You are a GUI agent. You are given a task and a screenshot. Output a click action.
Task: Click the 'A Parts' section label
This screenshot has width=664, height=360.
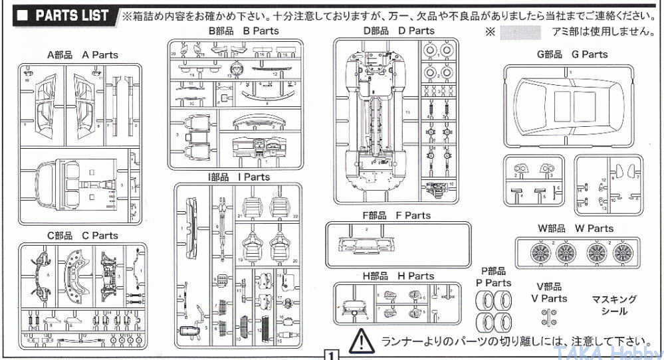click(82, 54)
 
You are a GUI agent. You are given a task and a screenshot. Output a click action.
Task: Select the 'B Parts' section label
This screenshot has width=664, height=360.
click(243, 31)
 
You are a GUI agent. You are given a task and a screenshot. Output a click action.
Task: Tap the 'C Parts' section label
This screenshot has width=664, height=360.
click(82, 235)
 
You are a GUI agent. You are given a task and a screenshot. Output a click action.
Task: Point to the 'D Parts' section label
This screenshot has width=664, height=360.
click(398, 31)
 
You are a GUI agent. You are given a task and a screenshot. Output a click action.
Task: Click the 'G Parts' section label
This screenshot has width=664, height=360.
click(572, 54)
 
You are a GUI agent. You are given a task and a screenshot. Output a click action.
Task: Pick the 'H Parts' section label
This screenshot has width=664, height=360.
click(398, 276)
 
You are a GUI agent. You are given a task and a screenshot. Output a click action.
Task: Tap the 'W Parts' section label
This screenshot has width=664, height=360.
click(576, 228)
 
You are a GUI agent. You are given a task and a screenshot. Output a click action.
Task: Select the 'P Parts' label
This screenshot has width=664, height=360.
click(493, 277)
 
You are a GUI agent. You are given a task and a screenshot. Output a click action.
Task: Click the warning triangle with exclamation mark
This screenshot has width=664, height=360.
click(362, 339)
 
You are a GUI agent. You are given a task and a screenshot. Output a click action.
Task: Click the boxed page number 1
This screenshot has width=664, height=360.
click(329, 354)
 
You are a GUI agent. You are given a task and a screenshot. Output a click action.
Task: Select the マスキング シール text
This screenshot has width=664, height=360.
click(613, 305)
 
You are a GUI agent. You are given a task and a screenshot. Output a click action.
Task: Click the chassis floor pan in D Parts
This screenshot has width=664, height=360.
click(377, 120)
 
